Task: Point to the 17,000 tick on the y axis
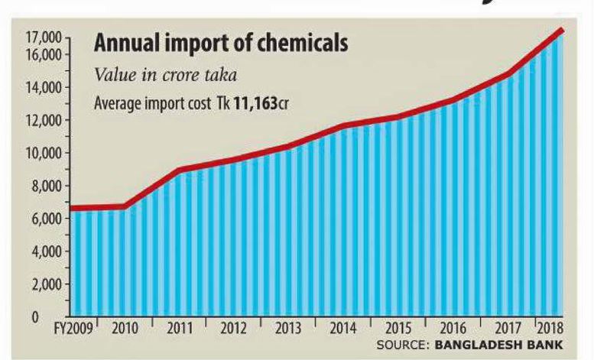40,37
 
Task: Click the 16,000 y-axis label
40,55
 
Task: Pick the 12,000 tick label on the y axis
40,121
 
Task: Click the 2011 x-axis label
180,331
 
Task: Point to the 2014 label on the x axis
343,331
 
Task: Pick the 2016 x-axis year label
452,331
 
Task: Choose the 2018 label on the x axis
550,331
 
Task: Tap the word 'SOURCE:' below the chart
403,345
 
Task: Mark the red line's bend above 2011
178,170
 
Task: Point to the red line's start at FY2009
72,208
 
